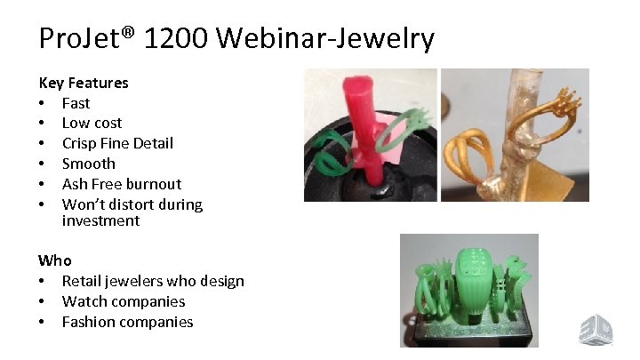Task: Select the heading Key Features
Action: tap(84, 83)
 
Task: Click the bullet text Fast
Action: tap(76, 102)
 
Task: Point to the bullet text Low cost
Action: tap(92, 123)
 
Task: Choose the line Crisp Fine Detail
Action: tap(117, 143)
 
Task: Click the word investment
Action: tap(100, 220)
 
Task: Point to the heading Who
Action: tap(55, 260)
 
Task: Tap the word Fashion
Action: tap(90, 322)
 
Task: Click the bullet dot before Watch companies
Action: tap(43, 302)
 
